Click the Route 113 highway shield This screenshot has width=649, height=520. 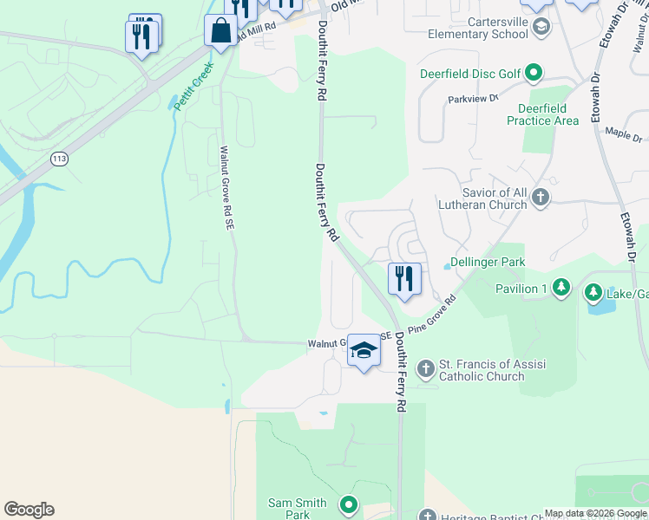coord(59,159)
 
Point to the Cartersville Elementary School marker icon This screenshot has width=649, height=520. coord(541,28)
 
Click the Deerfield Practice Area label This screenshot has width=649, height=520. coord(542,114)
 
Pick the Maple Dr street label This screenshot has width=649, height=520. coord(623,135)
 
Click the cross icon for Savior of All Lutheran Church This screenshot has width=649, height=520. coord(541,198)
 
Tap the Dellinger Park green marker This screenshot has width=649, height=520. coord(439,262)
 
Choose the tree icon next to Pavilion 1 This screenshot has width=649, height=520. coord(561,288)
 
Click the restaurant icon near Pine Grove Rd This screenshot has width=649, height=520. coord(404,279)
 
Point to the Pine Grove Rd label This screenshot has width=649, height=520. coord(432,320)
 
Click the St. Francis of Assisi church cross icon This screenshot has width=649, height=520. coord(425,369)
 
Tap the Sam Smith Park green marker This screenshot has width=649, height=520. coord(348,504)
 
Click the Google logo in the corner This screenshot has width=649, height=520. coord(29,510)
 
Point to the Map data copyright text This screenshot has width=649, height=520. coord(595,513)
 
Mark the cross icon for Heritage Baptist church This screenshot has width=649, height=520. coord(425,515)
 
